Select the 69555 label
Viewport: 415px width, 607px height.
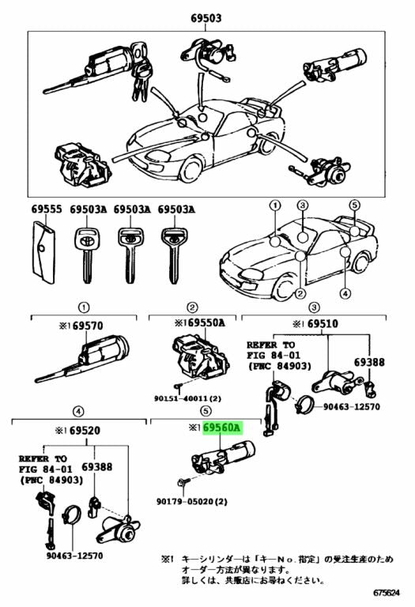46,209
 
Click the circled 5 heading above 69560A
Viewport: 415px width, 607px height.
205,411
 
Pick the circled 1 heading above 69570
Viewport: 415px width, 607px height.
81,307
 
